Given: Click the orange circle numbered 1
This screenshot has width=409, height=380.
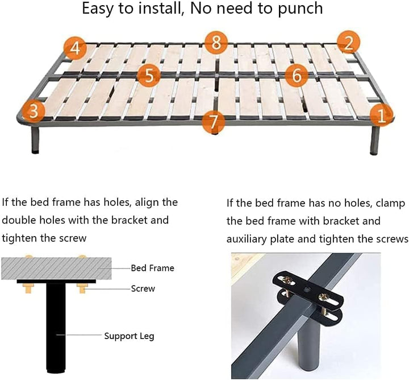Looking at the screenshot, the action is point(381,115).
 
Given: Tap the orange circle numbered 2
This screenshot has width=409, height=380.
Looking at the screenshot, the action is point(348,43).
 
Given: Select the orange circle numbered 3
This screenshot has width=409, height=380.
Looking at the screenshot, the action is point(33,111).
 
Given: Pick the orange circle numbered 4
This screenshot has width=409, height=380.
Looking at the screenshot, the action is point(76,48).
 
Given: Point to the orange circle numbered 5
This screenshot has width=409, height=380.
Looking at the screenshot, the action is point(149,76).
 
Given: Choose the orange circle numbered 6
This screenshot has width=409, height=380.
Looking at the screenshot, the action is point(297,76).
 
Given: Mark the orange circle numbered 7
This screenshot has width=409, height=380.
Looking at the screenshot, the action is point(214,121).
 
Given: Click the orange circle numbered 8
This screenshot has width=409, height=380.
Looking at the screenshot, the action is point(216,43).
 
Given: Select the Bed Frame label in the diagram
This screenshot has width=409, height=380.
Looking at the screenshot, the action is point(152,268).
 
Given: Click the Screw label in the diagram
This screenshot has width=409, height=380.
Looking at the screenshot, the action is point(143,288).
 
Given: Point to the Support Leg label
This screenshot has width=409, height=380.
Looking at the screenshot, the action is point(129,336).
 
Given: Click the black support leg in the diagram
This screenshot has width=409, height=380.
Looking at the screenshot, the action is point(56,327).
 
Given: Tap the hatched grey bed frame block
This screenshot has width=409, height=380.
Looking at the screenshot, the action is point(56,269).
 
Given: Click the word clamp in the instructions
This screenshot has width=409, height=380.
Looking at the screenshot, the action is point(390,204).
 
